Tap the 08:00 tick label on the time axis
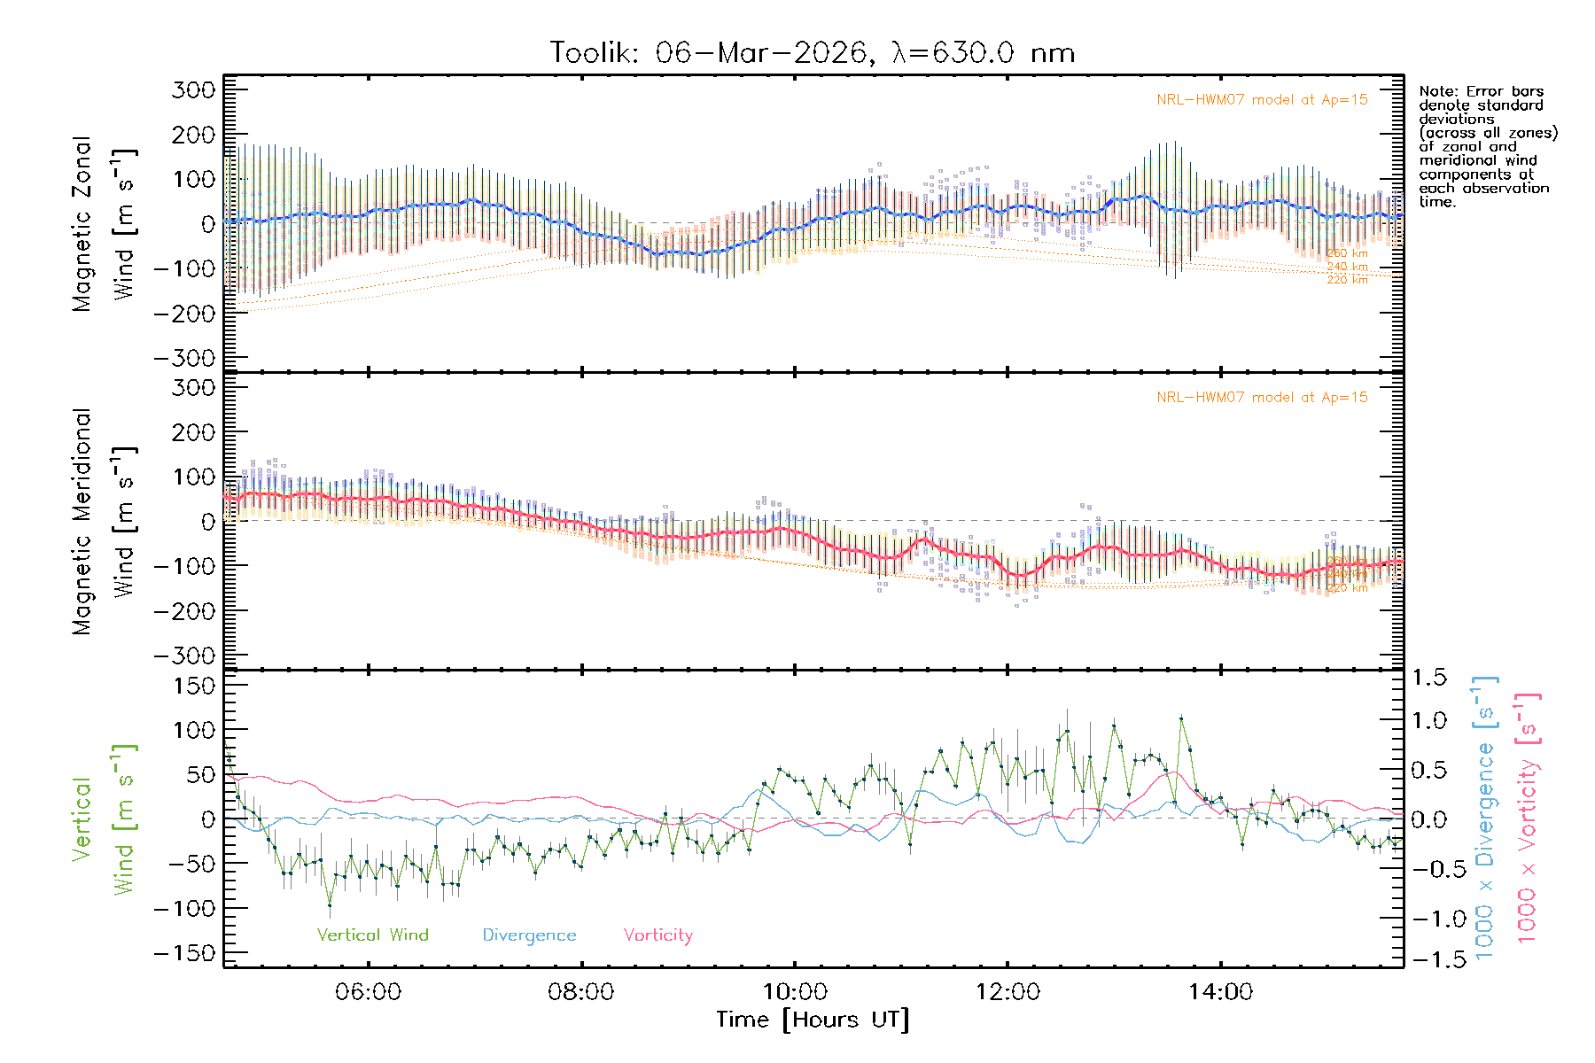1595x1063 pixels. coord(581,992)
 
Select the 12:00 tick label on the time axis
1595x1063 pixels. coord(1008,992)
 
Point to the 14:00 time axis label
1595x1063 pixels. coord(1220,992)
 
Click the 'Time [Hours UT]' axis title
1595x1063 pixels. coord(813,1020)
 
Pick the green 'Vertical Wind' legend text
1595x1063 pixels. coord(372,935)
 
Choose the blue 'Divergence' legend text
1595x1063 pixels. coord(529,935)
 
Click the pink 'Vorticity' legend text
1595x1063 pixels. coord(657,935)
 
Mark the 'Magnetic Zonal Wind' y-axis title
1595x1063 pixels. coord(103,223)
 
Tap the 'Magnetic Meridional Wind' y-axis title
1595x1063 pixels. coord(103,521)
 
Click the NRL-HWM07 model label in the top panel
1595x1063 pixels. coord(1262,100)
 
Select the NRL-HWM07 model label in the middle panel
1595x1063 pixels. coord(1262,398)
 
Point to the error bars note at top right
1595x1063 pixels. coord(1487,146)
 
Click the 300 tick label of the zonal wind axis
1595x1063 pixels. coord(193,89)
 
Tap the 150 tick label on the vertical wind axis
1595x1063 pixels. coord(193,685)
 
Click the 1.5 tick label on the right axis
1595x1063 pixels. coord(1428,678)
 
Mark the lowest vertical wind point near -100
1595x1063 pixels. coord(330,905)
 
